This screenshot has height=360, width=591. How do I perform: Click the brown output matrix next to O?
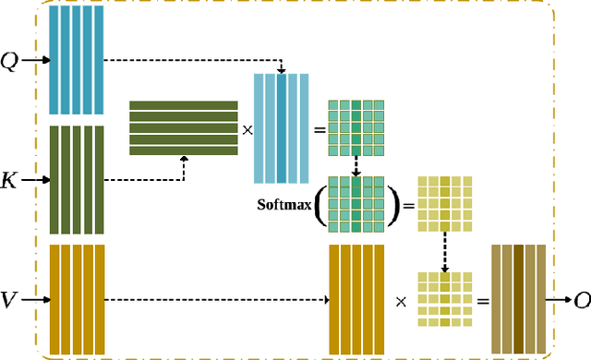pyautogui.click(x=518, y=298)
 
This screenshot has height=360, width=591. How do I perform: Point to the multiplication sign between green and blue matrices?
pyautogui.click(x=247, y=128)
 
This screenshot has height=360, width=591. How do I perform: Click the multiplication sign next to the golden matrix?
pyautogui.click(x=400, y=300)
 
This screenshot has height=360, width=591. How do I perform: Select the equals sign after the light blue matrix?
pyautogui.click(x=320, y=128)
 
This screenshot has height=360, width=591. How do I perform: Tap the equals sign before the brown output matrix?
pyautogui.click(x=482, y=300)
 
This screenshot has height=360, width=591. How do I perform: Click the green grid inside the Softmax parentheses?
pyautogui.click(x=355, y=202)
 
